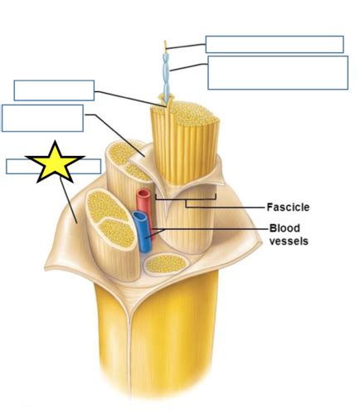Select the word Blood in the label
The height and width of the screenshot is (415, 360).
284,228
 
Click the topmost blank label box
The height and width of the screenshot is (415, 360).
274,44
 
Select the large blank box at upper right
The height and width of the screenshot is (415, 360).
277,72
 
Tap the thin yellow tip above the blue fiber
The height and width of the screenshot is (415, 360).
167,46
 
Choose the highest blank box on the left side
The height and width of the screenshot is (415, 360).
54,90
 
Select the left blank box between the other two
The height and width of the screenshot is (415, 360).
42,118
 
